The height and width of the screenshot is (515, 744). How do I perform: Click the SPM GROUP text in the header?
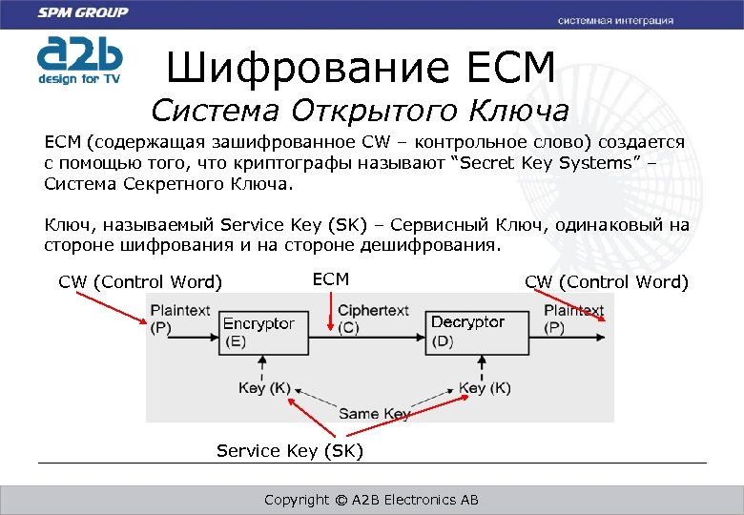84,12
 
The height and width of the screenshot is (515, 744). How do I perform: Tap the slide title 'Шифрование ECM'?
360,68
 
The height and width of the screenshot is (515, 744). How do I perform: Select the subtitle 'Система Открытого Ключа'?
360,111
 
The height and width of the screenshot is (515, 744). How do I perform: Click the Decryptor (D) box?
467,332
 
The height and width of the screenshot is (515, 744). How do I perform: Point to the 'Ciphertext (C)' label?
373,319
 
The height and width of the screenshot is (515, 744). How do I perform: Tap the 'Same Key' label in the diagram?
374,414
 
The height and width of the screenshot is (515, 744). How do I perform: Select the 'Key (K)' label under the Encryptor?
264,388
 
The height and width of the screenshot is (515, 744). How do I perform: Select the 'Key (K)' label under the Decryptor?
485,388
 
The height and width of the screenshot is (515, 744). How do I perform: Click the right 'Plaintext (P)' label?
573,319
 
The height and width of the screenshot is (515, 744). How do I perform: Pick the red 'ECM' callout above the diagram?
331,279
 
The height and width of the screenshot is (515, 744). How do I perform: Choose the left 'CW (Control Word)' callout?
140,281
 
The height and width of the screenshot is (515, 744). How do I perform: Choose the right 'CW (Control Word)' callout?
606,281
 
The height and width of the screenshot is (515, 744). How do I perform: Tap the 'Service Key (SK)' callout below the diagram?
290,450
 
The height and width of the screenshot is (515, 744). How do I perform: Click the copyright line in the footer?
371,500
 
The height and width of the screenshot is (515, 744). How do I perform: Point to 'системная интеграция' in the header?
615,20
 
